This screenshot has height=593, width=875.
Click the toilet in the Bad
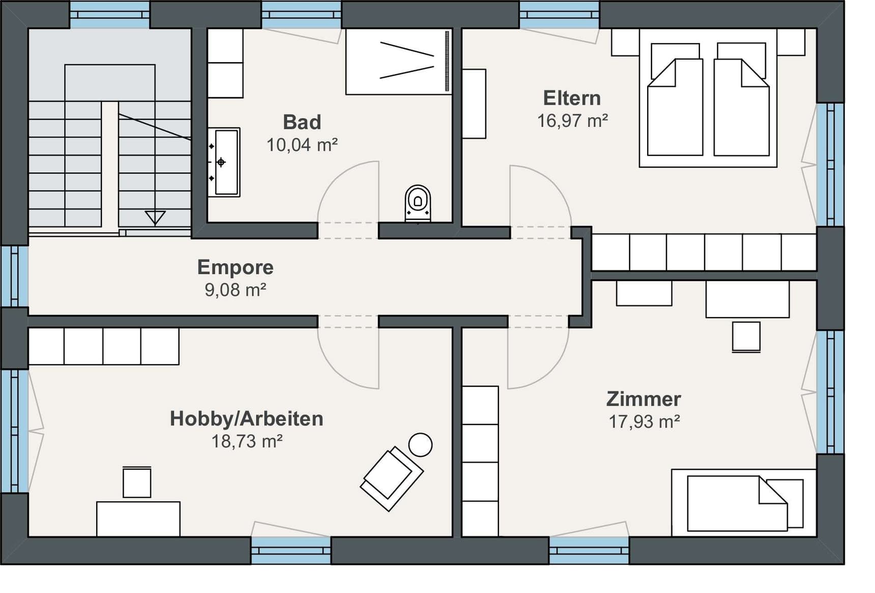(x=418, y=203)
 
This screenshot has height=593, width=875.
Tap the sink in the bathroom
(x=224, y=162)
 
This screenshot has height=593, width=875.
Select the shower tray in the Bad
(x=398, y=62)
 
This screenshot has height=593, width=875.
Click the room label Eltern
(x=572, y=98)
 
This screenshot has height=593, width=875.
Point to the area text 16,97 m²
(x=572, y=121)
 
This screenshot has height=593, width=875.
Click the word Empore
(x=235, y=267)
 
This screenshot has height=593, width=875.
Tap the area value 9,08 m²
(x=235, y=290)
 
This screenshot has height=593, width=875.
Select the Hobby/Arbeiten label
(x=247, y=418)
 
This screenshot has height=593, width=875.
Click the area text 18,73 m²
(x=247, y=441)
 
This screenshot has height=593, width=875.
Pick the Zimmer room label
(x=644, y=399)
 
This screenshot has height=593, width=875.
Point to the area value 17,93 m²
(x=644, y=421)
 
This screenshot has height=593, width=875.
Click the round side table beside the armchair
(x=420, y=445)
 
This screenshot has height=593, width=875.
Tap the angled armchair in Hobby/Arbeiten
(x=391, y=478)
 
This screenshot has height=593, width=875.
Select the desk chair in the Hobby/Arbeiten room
(x=137, y=482)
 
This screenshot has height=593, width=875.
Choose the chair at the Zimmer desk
(x=746, y=336)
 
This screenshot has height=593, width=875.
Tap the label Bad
(x=302, y=122)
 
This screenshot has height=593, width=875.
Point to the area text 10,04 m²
(x=302, y=145)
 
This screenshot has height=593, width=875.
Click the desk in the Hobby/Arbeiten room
(x=138, y=518)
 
